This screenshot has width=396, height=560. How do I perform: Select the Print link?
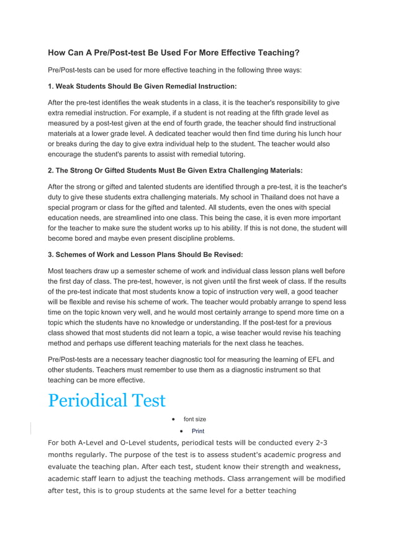[x=197, y=431]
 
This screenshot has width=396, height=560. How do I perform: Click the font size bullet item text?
[x=195, y=419]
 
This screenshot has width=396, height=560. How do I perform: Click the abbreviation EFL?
[x=310, y=358]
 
